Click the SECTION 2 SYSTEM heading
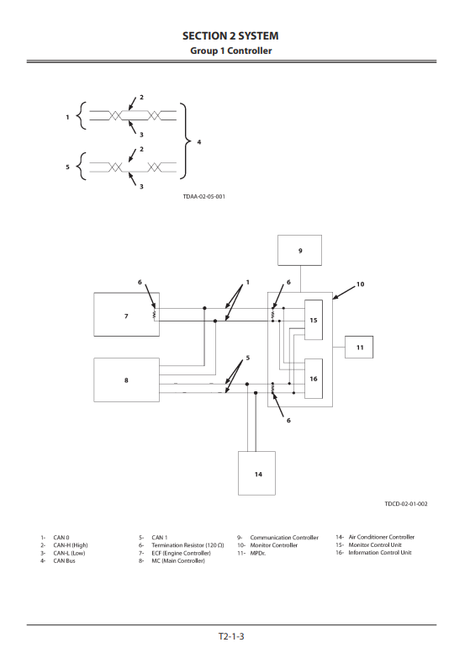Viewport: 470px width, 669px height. point(230,36)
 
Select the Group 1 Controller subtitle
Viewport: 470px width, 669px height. point(230,50)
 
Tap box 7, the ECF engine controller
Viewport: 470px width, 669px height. point(126,316)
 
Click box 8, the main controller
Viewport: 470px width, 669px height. point(126,380)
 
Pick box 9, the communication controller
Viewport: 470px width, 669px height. point(299,251)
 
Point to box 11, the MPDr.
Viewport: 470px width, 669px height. point(359,347)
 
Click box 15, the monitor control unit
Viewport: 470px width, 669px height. point(313,320)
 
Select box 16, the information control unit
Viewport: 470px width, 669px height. point(313,379)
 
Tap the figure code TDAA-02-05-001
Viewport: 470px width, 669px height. point(203,196)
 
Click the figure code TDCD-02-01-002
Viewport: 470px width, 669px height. point(406,503)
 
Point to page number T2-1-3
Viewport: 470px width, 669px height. point(230,636)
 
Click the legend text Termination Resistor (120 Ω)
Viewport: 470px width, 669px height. point(187,544)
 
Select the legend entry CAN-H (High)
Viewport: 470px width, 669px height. point(70,544)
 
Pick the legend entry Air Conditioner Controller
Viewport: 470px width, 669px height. point(381,537)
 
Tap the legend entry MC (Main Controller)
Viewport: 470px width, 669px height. point(177,560)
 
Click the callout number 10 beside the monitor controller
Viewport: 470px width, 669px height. point(360,284)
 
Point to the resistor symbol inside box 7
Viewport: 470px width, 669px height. point(155,315)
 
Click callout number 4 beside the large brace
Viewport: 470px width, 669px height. point(198,142)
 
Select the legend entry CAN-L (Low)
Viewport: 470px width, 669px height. point(69,553)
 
